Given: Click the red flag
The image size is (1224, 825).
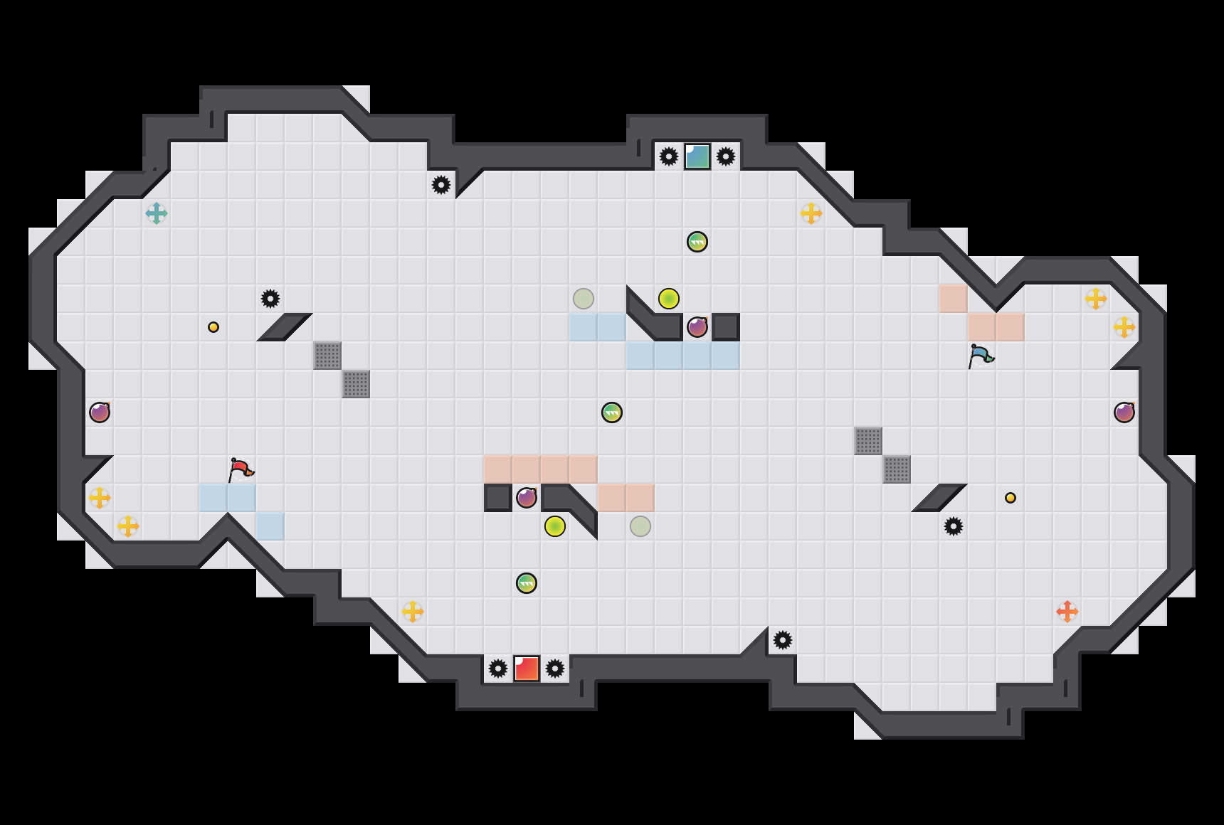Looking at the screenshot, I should pos(241,469).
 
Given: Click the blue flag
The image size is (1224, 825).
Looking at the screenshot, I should pos(981,355).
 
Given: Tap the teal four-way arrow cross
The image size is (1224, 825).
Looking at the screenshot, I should pos(157,213).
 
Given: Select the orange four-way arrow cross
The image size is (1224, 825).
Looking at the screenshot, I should pos(1067,612).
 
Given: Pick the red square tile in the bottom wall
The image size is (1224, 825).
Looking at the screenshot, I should pos(527,669).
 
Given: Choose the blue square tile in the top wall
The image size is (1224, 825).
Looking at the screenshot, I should pos(697,156).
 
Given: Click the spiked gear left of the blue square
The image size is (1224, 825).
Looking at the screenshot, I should pos(669,156).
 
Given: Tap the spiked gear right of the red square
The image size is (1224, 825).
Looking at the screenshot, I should pos(555,669).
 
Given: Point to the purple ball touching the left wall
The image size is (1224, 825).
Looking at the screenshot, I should pos(100,412).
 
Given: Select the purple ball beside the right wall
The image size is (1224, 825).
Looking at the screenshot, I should pos(1124,412).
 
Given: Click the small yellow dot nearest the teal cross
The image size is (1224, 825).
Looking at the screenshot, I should pos(213,327).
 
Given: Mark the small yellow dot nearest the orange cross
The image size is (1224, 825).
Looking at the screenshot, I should pos(1011,498).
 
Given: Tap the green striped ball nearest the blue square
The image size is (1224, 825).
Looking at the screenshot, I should pos(697,242).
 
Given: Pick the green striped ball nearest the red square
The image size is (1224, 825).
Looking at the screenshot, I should pos(527,583).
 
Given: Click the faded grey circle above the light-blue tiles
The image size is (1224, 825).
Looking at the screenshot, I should pos(584,299).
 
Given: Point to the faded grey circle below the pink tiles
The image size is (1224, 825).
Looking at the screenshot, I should pos(640,526).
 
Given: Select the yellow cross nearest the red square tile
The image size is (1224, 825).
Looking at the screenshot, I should pos(413,612).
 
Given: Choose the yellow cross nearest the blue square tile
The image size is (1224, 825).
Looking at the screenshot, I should pos(811,213).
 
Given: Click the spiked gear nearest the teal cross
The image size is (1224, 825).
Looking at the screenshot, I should pos(270,299).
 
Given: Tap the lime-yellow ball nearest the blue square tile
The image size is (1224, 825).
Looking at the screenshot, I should pos(669,299).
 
